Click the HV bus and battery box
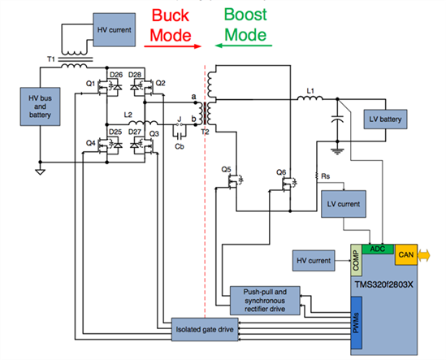point(40,106)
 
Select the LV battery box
point(385,119)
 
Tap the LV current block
point(344,204)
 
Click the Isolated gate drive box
point(205,330)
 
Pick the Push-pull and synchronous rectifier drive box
point(265,301)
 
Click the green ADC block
point(378,249)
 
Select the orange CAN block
point(406,254)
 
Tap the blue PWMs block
point(356,323)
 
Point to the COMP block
point(356,260)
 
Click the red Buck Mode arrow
point(173,46)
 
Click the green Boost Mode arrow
point(244,46)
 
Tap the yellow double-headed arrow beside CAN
point(424,254)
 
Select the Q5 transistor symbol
point(236,180)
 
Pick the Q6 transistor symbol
point(289,183)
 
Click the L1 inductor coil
point(310,98)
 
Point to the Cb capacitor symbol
point(180,137)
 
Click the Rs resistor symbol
point(317,176)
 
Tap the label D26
point(116,75)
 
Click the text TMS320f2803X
point(383,284)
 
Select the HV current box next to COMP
point(314,260)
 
